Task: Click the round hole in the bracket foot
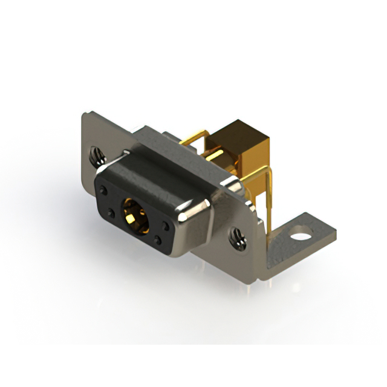pyautogui.click(x=299, y=230)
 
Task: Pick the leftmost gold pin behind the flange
pyautogui.click(x=192, y=141)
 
